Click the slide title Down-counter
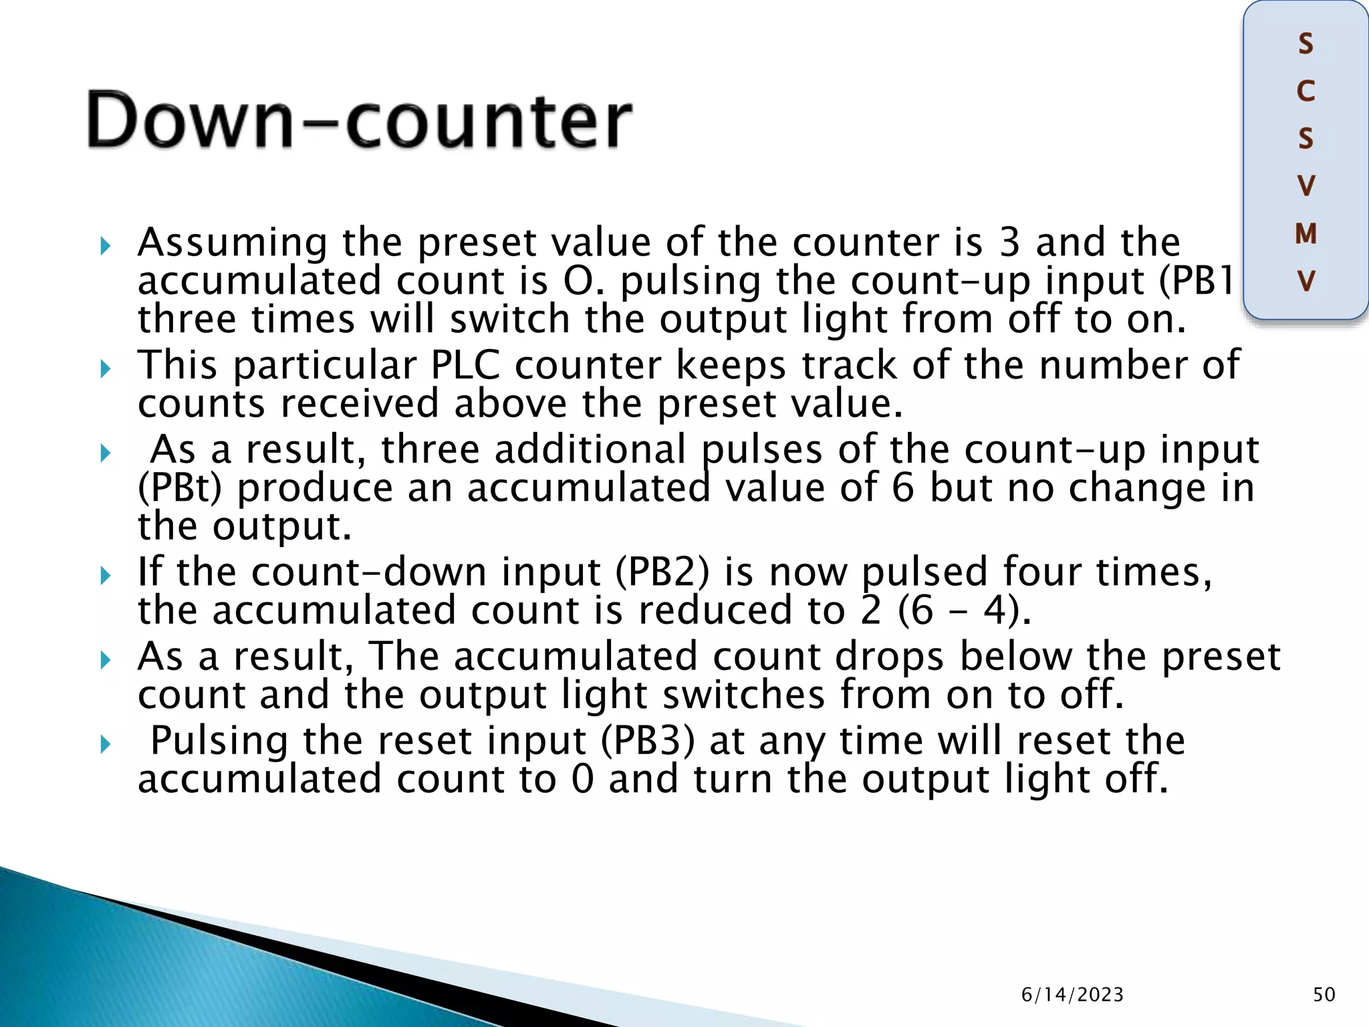tap(359, 121)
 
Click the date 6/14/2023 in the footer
tap(1072, 995)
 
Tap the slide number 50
tap(1324, 995)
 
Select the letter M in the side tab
tap(1305, 234)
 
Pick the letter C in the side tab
tap(1305, 91)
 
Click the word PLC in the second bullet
tap(465, 365)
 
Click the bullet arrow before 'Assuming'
tap(105, 247)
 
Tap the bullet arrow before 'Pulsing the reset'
tap(105, 744)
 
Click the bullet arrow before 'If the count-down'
tap(105, 575)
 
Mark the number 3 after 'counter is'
tap(1009, 242)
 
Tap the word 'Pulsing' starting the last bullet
tap(219, 742)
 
